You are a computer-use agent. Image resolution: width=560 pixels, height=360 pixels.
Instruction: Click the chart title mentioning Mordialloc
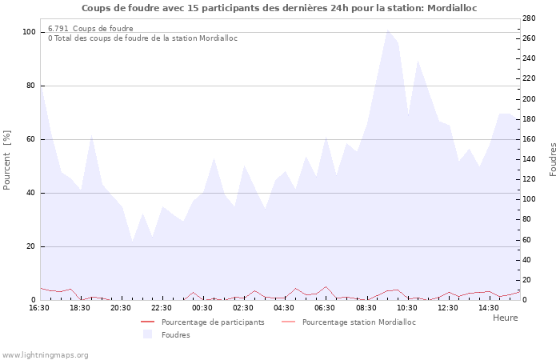click(280, 8)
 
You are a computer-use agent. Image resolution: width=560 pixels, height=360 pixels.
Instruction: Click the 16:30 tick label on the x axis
click(39, 308)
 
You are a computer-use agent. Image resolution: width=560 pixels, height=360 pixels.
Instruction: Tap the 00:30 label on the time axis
click(202, 308)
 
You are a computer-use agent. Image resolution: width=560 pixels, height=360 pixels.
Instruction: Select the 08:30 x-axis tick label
click(366, 308)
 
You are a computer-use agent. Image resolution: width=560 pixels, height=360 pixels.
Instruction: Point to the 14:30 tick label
click(488, 308)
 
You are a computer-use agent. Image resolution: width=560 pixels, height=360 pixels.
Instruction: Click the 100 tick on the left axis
click(29, 32)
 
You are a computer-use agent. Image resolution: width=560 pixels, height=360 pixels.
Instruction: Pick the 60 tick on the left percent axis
click(31, 139)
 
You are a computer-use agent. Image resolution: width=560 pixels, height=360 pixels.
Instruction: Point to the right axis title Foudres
click(553, 160)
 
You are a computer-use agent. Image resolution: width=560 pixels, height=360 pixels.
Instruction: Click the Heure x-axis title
click(505, 318)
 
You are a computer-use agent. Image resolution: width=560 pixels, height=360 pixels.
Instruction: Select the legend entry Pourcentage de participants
click(213, 322)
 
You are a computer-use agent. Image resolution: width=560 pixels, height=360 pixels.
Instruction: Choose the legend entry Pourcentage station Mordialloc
click(359, 322)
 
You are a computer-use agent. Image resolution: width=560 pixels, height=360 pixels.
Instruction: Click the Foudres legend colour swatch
click(147, 334)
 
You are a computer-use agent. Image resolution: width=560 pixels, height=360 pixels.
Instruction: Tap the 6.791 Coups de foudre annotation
click(90, 29)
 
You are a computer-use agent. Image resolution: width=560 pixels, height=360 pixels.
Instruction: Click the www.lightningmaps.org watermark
click(45, 354)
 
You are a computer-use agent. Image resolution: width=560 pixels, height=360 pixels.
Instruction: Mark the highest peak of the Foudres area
click(388, 30)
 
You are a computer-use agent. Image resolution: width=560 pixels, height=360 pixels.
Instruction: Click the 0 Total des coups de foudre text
click(142, 38)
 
